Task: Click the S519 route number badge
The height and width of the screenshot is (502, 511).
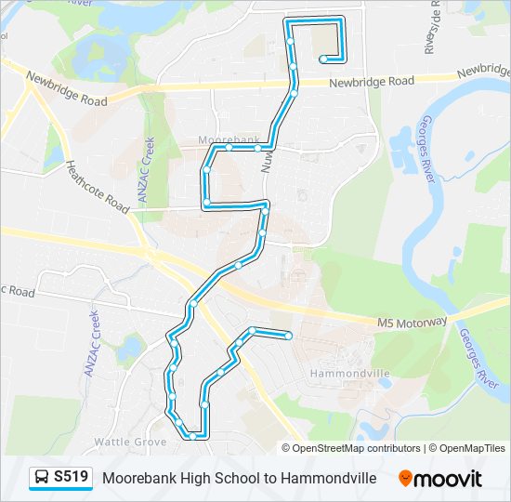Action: pyautogui.click(x=72, y=478)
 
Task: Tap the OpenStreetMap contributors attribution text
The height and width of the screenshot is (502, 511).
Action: pyautogui.click(x=356, y=448)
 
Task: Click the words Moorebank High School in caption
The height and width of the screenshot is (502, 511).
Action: pyautogui.click(x=166, y=478)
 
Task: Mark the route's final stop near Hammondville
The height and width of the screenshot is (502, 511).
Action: pyautogui.click(x=289, y=335)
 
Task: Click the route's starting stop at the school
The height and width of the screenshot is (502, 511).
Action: pyautogui.click(x=322, y=59)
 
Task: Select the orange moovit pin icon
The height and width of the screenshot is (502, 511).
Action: pyautogui.click(x=405, y=479)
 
